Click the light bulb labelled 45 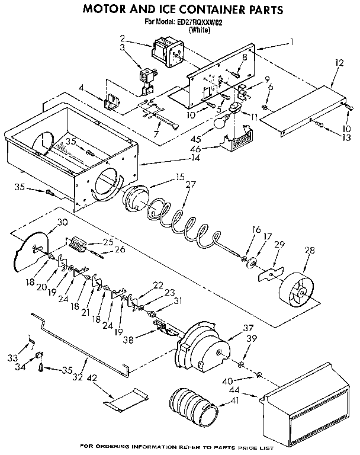[220, 123]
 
